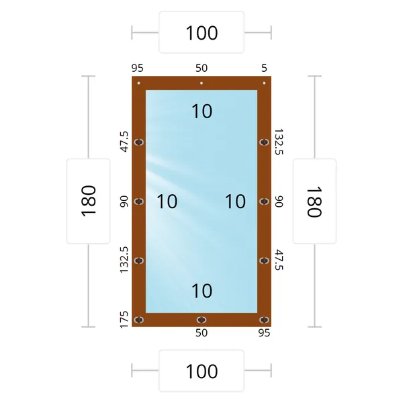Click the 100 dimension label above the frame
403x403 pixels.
point(201,33)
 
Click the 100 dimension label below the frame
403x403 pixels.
point(201,371)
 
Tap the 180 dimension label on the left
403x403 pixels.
point(89,201)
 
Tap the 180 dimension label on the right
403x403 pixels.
point(314,202)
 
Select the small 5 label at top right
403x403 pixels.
point(264,68)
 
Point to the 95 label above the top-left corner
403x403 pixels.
point(138,68)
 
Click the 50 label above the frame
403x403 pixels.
point(201,68)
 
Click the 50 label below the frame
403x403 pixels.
point(201,333)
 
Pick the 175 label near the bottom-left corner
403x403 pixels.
point(124,320)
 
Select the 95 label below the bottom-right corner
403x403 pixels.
point(264,333)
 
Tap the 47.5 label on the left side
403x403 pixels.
point(124,142)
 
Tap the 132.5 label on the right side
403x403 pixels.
point(279,142)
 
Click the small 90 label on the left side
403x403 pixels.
point(124,201)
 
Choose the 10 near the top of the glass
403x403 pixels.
point(202,111)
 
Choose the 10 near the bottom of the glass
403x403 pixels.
point(202,291)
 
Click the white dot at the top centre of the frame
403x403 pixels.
point(201,83)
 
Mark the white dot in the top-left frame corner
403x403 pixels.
point(139,83)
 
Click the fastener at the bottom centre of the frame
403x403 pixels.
point(201,320)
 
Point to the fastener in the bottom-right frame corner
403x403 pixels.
point(264,320)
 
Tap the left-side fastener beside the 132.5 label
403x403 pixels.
point(139,261)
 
